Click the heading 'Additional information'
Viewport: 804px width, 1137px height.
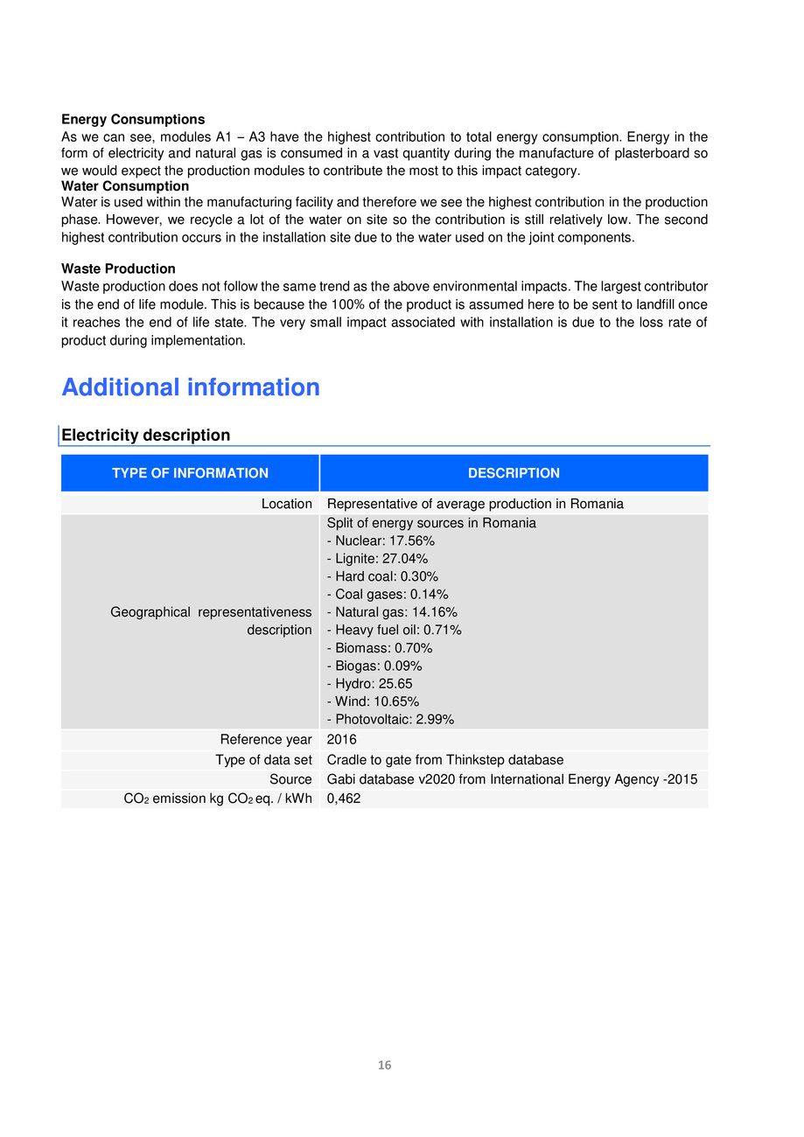pos(191,387)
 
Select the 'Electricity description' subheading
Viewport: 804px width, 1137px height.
pos(146,436)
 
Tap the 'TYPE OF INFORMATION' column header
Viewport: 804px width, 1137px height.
pos(190,473)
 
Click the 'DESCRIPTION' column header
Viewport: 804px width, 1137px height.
pos(514,473)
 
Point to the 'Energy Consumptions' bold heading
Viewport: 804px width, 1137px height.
pos(133,120)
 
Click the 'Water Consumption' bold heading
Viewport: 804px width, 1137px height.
pos(125,186)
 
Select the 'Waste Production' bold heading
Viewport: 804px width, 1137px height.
pos(118,269)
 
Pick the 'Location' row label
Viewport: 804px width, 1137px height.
pos(286,504)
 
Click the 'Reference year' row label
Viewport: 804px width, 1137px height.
pos(266,740)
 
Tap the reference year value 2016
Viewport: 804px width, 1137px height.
pos(341,740)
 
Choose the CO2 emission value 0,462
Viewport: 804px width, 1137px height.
pos(344,799)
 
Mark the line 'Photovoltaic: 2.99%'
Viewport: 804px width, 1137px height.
pos(390,720)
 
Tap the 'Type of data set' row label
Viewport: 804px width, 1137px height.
pos(263,760)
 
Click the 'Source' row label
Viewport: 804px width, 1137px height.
pos(290,779)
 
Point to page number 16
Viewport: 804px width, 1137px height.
pos(384,1065)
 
